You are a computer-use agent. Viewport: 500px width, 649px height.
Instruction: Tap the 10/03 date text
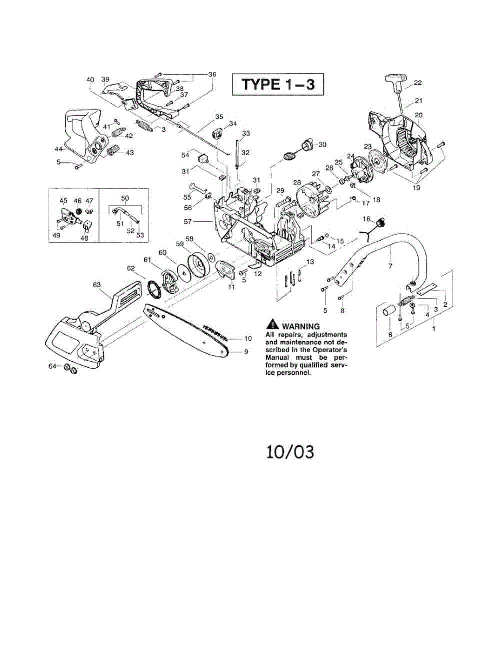(x=290, y=452)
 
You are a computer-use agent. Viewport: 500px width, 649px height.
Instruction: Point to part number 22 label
(x=417, y=83)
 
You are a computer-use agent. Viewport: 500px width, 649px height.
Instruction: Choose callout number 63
(x=97, y=284)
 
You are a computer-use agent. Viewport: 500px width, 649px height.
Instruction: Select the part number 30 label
(x=322, y=144)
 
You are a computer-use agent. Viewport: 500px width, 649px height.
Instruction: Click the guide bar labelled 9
(x=195, y=330)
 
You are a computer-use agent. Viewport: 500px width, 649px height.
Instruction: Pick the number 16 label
(x=365, y=218)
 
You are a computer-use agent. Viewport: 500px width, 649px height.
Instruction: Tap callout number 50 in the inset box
(x=125, y=199)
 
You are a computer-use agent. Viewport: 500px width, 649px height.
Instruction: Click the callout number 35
(x=218, y=117)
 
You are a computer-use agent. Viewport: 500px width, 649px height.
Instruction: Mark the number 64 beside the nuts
(x=52, y=366)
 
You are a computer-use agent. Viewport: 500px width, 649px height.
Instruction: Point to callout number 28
(x=296, y=182)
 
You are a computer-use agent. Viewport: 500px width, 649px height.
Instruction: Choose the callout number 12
(x=257, y=274)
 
